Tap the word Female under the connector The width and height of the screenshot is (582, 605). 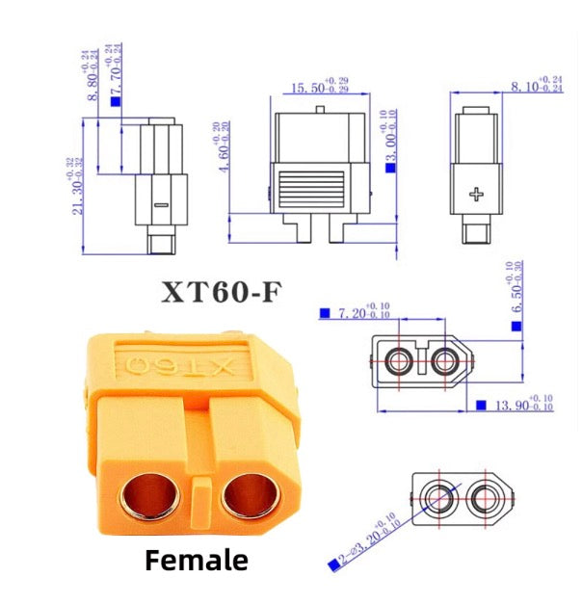tap(197, 560)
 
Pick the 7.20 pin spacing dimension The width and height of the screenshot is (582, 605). tap(364, 313)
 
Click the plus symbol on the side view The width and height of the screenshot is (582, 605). tap(475, 195)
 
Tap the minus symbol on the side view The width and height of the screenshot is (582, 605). tap(161, 205)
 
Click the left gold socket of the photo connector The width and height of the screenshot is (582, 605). tap(149, 497)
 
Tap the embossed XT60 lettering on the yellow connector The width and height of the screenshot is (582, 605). tap(179, 365)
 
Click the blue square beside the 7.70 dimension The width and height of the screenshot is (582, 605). tap(116, 99)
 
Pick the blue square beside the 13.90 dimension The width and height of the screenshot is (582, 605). tap(482, 408)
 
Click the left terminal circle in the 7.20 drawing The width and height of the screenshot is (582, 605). tap(398, 361)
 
